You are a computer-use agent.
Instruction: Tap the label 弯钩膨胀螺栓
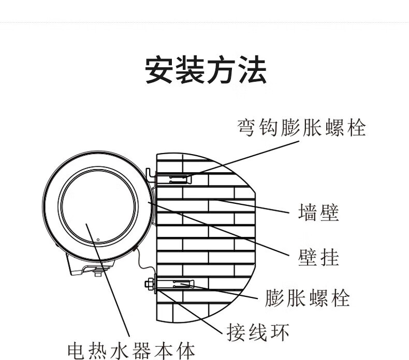pos(301,127)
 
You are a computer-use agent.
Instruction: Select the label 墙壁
pos(319,212)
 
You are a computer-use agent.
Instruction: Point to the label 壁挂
pos(319,256)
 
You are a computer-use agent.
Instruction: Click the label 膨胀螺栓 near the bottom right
pos(308,298)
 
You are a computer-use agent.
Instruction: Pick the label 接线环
pos(258,332)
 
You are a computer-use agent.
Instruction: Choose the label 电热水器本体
pos(132,351)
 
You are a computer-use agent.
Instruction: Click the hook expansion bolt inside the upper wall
pos(174,179)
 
